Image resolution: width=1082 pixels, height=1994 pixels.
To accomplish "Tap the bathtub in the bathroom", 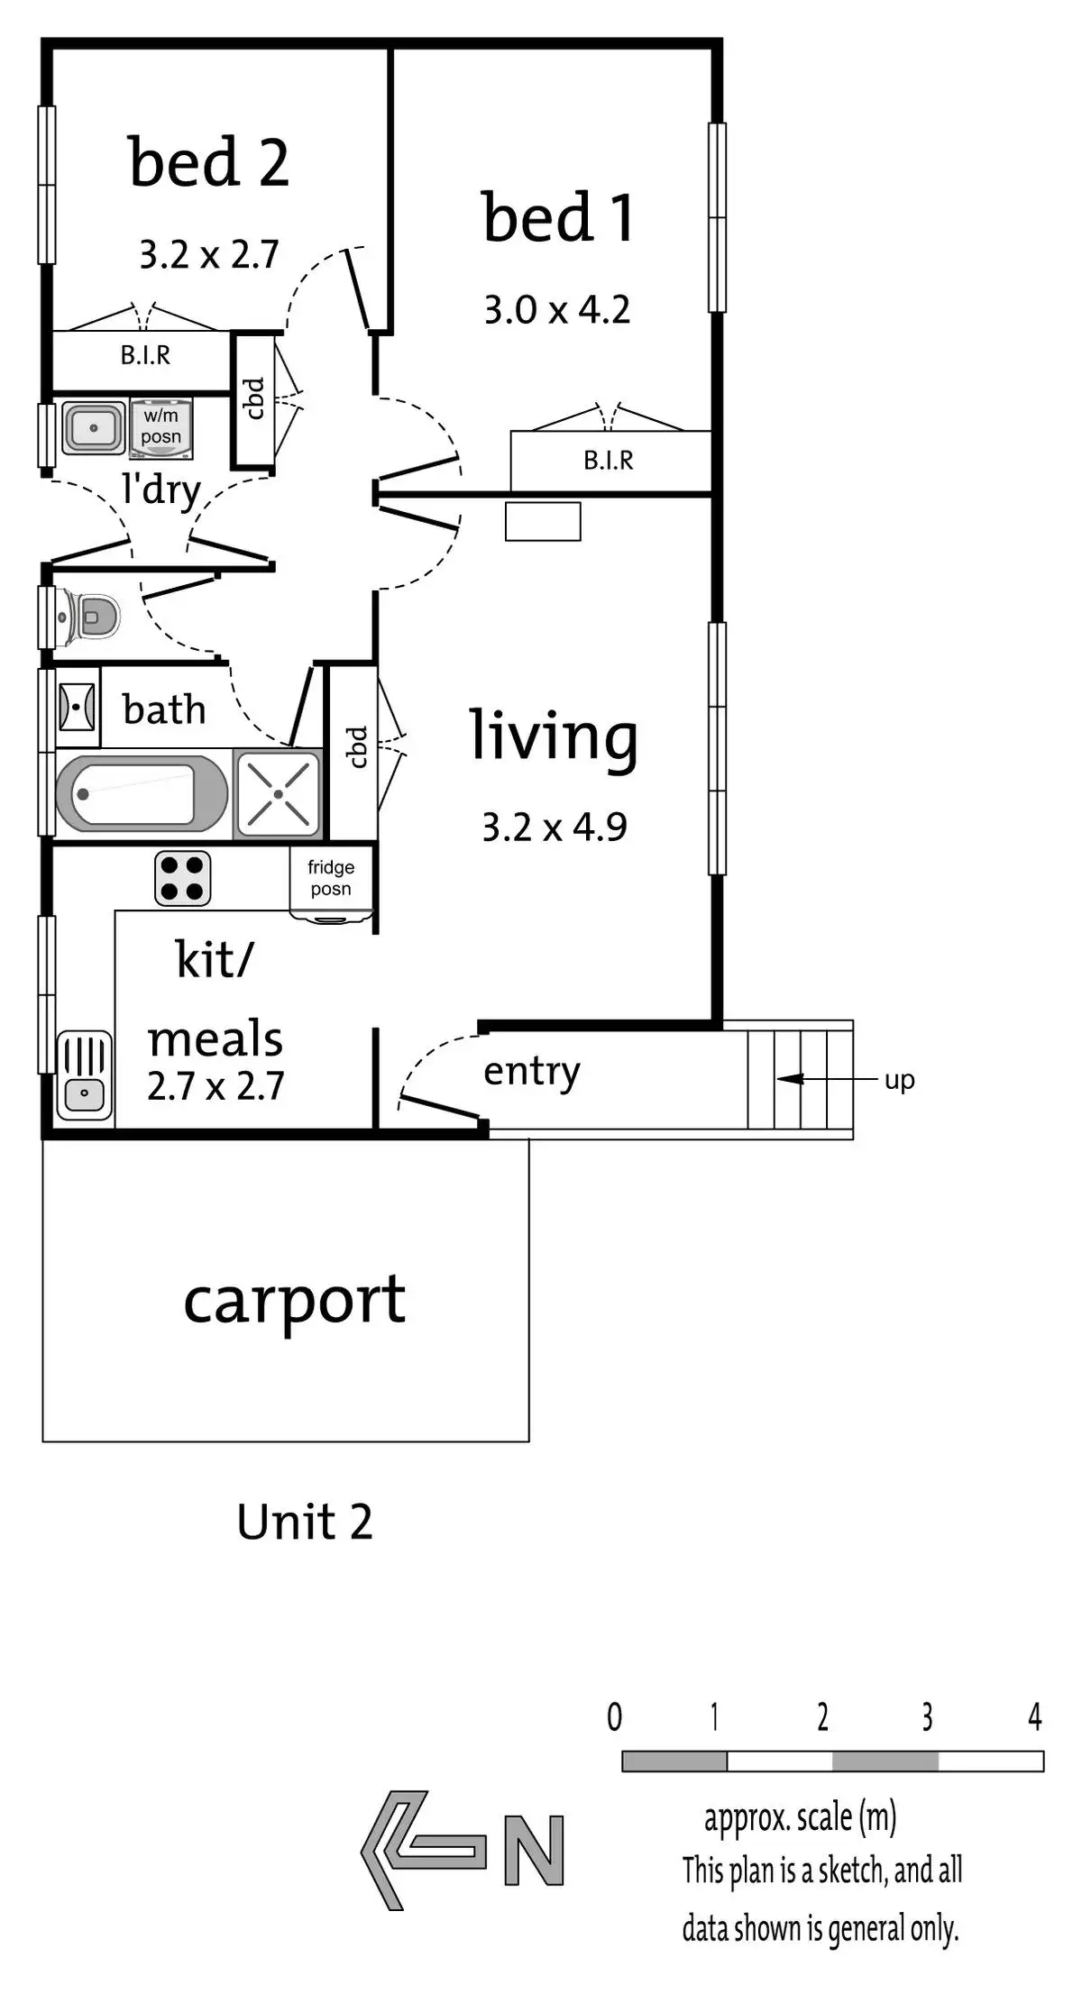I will pyautogui.click(x=141, y=794).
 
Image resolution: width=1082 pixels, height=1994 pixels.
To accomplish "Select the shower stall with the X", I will pyautogui.click(x=278, y=794).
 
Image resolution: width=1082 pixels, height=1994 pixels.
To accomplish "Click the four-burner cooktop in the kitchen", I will pyautogui.click(x=183, y=878).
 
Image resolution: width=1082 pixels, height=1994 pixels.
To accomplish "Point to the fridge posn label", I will pyautogui.click(x=331, y=878).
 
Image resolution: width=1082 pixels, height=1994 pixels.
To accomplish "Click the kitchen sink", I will pyautogui.click(x=85, y=1075).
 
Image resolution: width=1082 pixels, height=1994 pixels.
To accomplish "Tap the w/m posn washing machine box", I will pyautogui.click(x=161, y=426).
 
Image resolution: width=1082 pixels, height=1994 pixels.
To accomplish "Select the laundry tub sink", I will pyautogui.click(x=94, y=428).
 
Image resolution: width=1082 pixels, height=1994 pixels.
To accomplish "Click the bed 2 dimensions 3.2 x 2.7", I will pyautogui.click(x=208, y=255).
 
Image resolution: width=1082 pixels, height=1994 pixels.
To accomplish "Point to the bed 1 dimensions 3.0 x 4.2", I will pyautogui.click(x=556, y=310).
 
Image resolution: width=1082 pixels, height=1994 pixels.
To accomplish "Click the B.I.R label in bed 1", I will pyautogui.click(x=608, y=461).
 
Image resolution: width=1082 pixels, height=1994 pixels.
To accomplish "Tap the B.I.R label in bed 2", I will pyautogui.click(x=145, y=355).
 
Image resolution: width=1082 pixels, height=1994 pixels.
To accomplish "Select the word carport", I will pyautogui.click(x=295, y=1301).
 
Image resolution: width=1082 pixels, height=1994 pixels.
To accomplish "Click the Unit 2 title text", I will pyautogui.click(x=305, y=1523).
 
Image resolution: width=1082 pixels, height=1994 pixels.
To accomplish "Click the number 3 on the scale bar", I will pyautogui.click(x=927, y=1717).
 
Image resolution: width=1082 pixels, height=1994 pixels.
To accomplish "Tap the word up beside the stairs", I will pyautogui.click(x=899, y=1079).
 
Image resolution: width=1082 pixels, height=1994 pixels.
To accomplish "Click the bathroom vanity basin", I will pyautogui.click(x=77, y=706).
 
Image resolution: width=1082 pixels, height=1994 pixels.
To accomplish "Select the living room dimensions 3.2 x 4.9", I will pyautogui.click(x=555, y=827).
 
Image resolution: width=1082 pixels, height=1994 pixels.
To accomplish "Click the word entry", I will pyautogui.click(x=531, y=1072).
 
